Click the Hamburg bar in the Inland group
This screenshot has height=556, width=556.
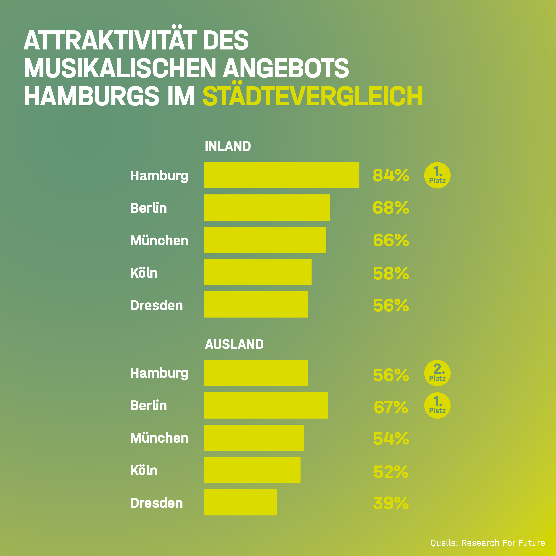pyautogui.click(x=282, y=175)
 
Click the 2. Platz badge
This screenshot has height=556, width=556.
pyautogui.click(x=437, y=373)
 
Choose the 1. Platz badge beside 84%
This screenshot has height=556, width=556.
pyautogui.click(x=437, y=175)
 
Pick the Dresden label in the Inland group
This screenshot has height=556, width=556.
pyautogui.click(x=157, y=305)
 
